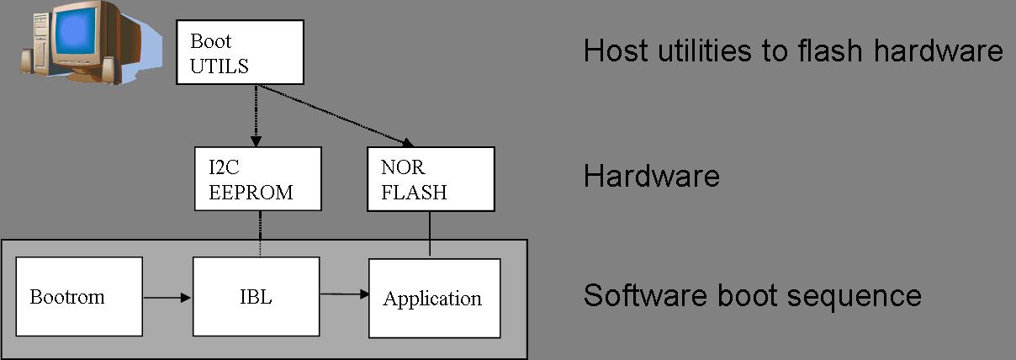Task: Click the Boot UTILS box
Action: pos(238,52)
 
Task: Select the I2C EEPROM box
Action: pos(257,178)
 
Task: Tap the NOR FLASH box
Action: pos(431,178)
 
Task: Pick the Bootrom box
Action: pos(80,297)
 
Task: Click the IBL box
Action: pos(256,297)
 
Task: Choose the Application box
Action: pos(434,298)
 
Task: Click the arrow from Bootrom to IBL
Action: pos(167,297)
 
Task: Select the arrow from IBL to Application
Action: pos(344,294)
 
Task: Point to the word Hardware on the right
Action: pos(651,177)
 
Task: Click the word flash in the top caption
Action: pos(828,51)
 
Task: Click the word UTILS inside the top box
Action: pos(220,66)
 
